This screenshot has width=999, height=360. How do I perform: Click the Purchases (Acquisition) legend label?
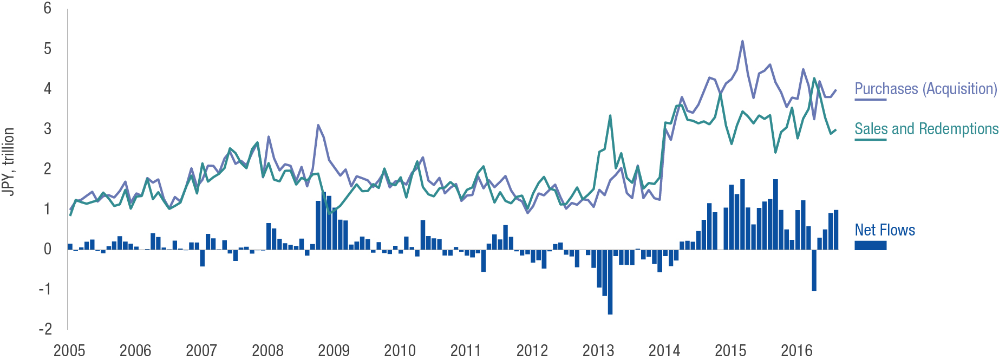coord(925,89)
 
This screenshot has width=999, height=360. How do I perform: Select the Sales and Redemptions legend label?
coord(926,129)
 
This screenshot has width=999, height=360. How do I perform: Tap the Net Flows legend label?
coord(885,230)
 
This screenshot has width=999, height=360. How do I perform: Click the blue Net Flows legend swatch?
coord(870,245)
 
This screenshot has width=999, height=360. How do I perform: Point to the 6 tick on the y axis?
coord(48,9)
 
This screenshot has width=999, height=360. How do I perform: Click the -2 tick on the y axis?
coord(45,329)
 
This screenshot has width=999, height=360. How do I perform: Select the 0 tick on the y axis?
coord(48,249)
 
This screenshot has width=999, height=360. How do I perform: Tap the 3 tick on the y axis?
coord(48,129)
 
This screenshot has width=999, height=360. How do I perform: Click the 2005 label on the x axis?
coord(69,351)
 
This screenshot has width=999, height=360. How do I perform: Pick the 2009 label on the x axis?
coord(334,351)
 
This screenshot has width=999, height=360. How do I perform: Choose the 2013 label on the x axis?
coord(598,351)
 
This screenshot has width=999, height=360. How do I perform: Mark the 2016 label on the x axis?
coord(796,351)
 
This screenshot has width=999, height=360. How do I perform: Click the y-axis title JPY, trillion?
coord(8,161)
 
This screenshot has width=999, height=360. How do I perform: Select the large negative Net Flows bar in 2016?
coord(814,276)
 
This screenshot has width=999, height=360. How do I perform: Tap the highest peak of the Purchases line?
coord(742,41)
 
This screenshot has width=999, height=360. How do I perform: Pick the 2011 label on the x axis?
coord(466,351)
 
